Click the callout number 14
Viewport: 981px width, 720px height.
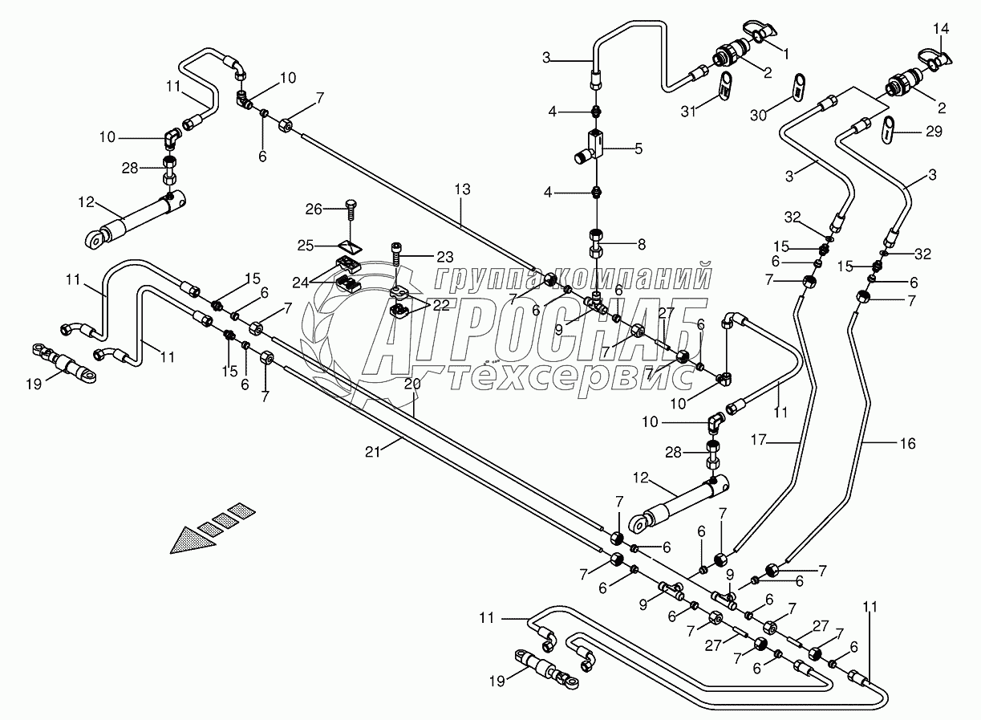pyautogui.click(x=941, y=29)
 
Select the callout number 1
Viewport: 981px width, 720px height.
pyautogui.click(x=786, y=54)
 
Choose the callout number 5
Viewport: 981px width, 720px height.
pyautogui.click(x=638, y=148)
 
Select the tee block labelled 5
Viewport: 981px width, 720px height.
pyautogui.click(x=594, y=144)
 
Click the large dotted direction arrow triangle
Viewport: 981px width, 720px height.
pyautogui.click(x=193, y=537)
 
